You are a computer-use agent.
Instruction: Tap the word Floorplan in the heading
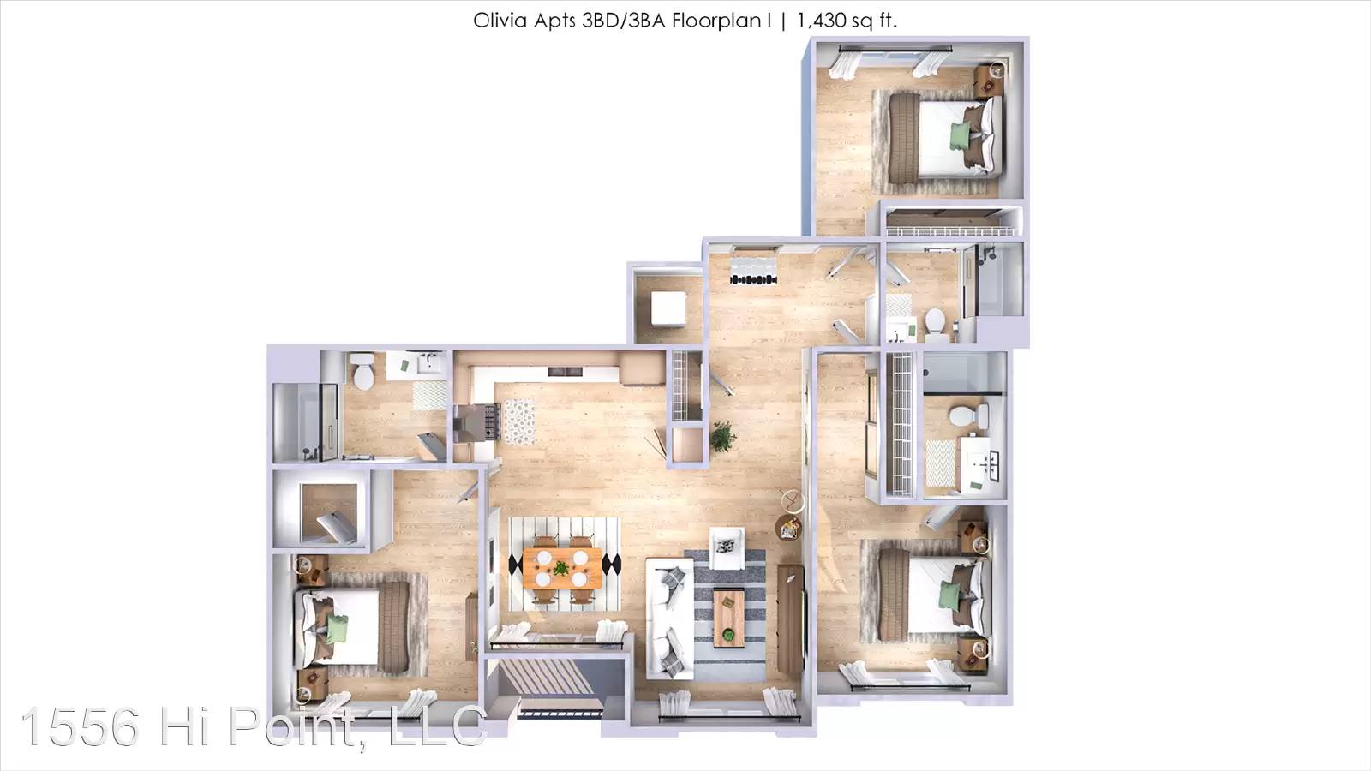716,21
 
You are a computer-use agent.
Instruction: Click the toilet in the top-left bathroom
363,371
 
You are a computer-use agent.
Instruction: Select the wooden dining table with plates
562,569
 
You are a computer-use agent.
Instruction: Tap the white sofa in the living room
669,618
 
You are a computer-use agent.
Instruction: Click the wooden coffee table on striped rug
729,618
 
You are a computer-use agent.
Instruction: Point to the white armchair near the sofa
727,547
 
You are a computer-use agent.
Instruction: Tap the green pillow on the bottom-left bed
336,629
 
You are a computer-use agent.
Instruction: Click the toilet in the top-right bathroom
935,325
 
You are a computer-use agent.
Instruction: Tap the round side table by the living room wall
787,527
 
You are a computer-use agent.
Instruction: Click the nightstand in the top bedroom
989,80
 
